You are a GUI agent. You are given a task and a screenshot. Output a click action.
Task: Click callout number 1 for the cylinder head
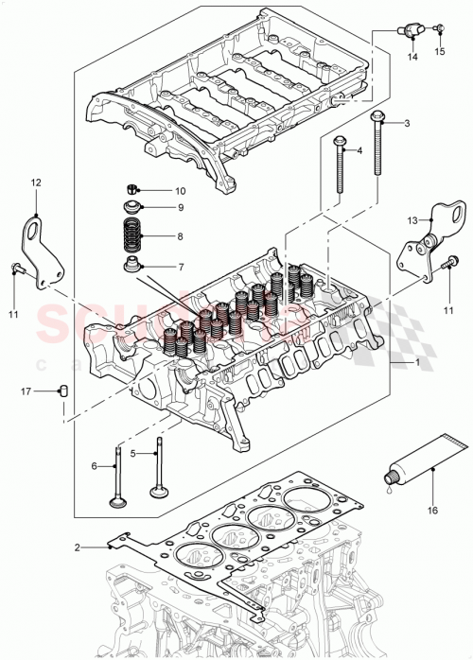(417, 363)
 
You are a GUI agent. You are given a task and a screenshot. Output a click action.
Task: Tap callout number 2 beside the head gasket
(79, 547)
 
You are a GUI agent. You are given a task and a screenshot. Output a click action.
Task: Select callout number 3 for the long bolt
(407, 124)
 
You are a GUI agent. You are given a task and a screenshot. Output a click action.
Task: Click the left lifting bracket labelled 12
(39, 252)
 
